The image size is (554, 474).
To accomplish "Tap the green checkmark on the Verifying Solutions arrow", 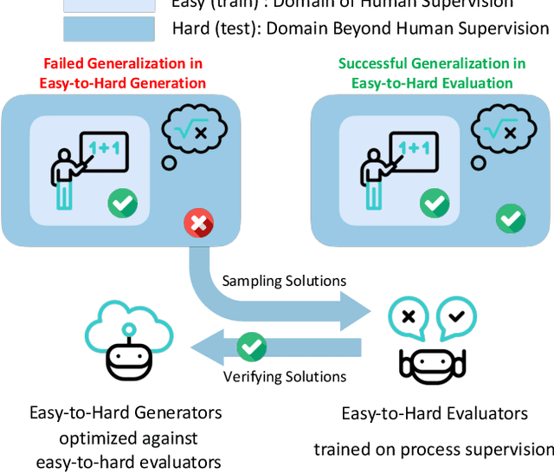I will [252, 347].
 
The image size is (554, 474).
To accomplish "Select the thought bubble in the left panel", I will [195, 132].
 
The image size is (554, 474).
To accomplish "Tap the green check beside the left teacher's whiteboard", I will [122, 205].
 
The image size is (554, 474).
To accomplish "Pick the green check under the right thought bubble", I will [510, 218].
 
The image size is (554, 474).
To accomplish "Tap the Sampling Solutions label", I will [284, 281].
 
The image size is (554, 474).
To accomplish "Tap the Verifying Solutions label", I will [285, 376].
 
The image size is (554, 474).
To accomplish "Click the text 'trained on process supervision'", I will [434, 449].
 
